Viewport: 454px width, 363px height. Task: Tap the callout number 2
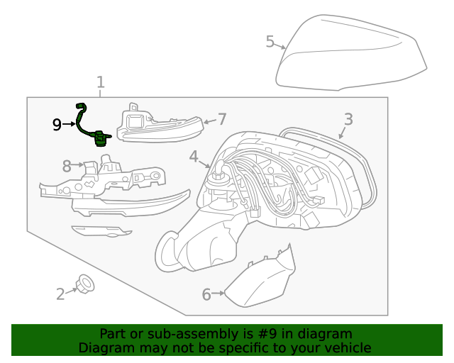[x=61, y=293]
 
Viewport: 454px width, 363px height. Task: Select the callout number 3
[x=348, y=119]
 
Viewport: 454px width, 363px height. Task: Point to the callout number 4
[x=194, y=157]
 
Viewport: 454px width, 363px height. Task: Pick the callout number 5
[x=270, y=42]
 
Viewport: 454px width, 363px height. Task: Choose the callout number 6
[x=206, y=294]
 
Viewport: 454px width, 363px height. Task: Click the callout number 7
[x=221, y=119]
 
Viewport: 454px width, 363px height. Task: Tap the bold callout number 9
[x=57, y=125]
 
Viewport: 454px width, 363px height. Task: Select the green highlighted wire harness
[x=92, y=125]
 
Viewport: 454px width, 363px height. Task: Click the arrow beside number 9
[x=70, y=125]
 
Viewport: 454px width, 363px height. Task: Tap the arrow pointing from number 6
[x=218, y=293]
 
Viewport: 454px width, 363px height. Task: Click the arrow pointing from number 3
[x=343, y=132]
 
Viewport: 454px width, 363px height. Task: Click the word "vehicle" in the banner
[x=346, y=348]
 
